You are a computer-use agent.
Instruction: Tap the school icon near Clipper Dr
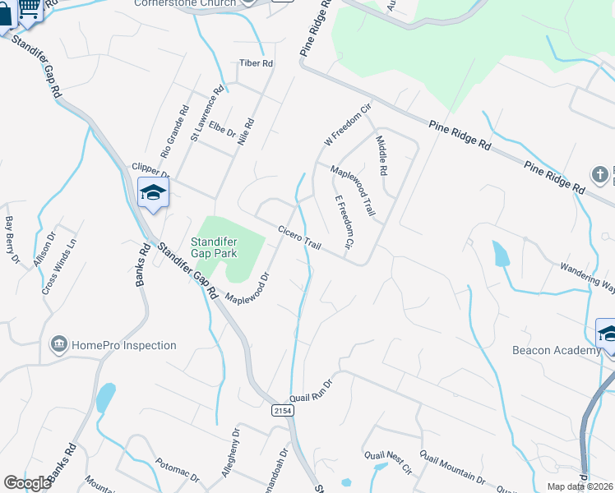(x=153, y=194)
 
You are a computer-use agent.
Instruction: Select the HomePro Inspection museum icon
(x=58, y=344)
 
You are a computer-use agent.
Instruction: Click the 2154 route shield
(x=282, y=408)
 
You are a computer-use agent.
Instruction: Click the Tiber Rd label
(x=256, y=63)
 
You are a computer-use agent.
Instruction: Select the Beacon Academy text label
(x=557, y=351)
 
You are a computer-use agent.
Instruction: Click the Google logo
(x=27, y=483)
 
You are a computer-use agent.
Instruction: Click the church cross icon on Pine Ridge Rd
(x=600, y=174)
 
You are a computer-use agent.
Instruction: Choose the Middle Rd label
(x=381, y=156)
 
